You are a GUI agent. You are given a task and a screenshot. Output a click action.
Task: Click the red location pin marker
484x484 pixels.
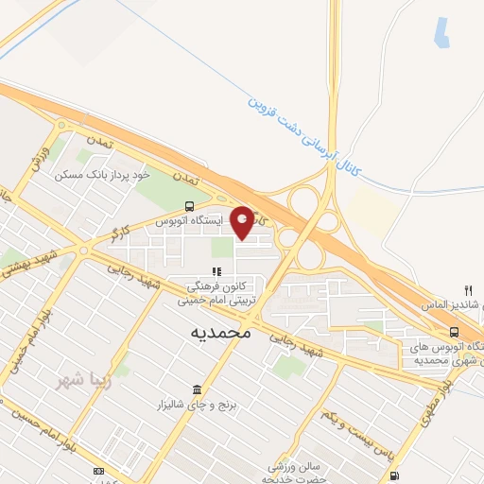click(x=242, y=222)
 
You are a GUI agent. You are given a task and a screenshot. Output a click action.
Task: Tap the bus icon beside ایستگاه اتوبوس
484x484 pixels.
click(x=191, y=207)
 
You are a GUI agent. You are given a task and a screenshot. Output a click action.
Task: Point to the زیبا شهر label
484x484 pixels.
click(x=80, y=383)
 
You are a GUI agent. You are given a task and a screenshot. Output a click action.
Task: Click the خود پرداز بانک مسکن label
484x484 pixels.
click(x=103, y=175)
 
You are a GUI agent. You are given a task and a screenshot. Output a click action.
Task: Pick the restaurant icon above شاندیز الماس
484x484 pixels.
click(x=467, y=289)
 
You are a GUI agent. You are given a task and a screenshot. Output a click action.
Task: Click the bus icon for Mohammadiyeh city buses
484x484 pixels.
click(x=455, y=332)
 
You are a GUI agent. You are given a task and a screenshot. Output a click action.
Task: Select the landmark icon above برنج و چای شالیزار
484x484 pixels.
click(x=197, y=389)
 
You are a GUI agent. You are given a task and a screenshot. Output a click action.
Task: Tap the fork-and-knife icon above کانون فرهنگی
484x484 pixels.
click(x=216, y=272)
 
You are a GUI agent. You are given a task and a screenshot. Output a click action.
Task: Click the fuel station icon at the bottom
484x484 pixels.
click(x=394, y=475)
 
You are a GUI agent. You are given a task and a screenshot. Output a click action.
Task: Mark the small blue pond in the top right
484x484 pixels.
click(x=441, y=32)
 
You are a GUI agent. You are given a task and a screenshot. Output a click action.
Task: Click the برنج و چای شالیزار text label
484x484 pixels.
click(x=196, y=405)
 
